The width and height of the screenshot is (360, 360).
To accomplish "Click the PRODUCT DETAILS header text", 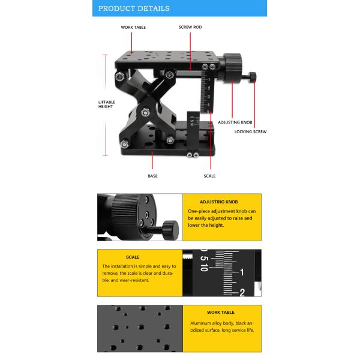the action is pos(134,8).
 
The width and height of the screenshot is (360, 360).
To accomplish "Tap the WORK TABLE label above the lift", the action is pos(133,28).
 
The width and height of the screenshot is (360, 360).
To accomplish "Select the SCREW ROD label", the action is pos(190,27).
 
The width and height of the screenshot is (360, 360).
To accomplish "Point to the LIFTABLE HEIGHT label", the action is pos(107,104).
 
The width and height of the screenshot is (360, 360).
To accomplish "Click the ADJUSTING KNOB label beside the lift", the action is pos(235,122).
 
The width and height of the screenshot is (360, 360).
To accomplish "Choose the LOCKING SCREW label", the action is pos(250,132).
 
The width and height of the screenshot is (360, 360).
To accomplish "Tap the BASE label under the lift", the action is pos(152,176).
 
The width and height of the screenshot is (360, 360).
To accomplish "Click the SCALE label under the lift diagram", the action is pos(209,176).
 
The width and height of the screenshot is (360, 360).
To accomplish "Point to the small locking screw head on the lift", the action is pos(253,77).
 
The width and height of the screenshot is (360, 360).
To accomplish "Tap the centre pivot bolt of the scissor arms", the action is pos(145,112).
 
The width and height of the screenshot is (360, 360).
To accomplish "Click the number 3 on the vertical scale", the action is pos(208,97).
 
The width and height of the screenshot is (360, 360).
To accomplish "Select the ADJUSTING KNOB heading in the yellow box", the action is pos(219,202).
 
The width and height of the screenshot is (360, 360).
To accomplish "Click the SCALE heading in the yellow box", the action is pos(133,257).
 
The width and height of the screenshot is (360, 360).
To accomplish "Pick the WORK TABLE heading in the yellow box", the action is pos(221,313).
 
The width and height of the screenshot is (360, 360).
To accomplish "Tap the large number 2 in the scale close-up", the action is pos(242,293).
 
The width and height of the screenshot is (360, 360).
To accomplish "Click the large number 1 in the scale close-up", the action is pos(242,272).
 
